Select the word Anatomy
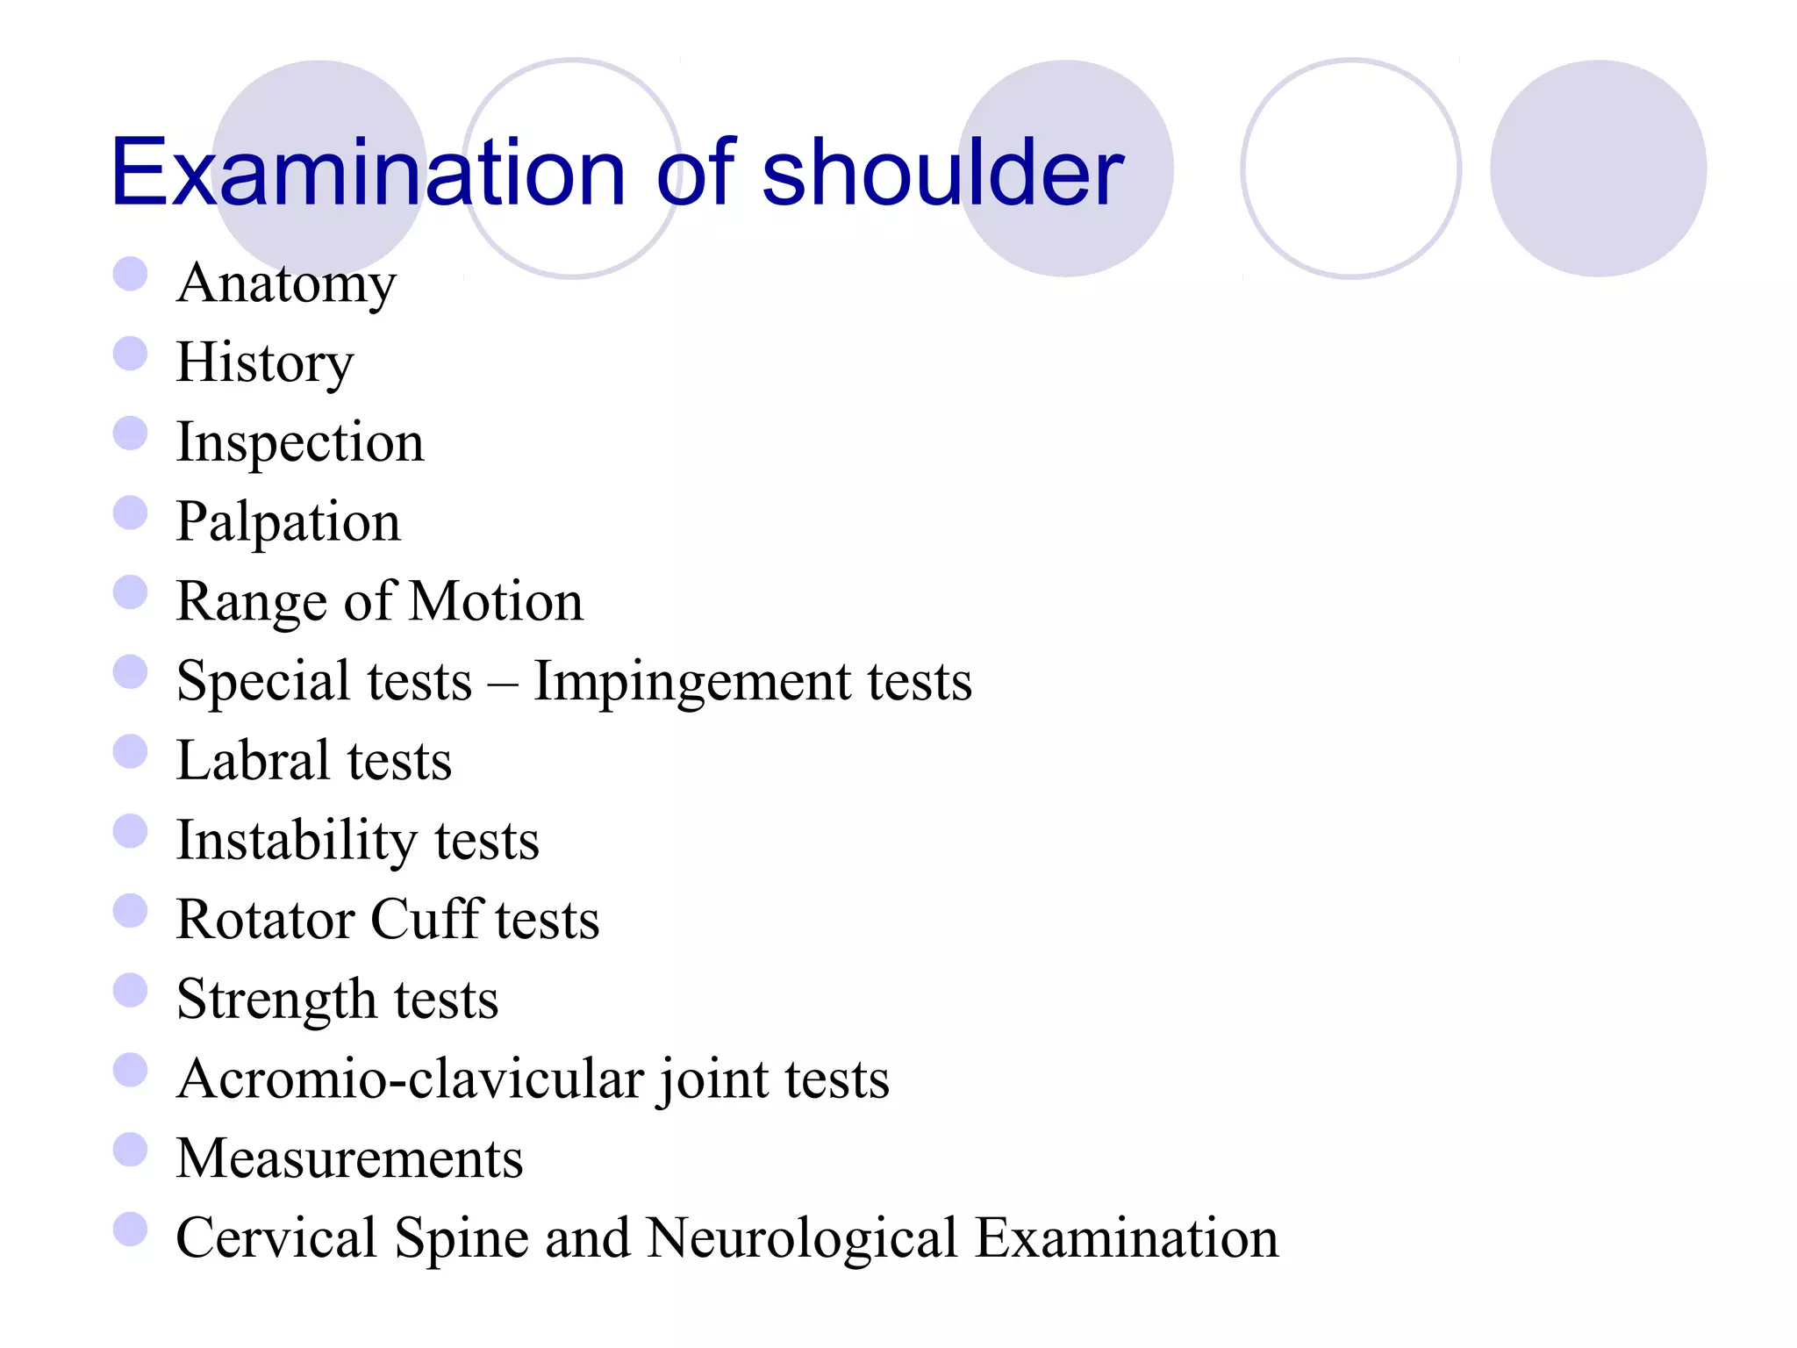tap(286, 284)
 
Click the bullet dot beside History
tap(130, 354)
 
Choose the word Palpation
tap(288, 522)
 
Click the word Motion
tap(496, 601)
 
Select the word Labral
tap(249, 760)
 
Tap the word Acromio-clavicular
tap(410, 1079)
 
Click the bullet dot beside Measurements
tap(130, 1150)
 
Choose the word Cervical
tap(276, 1238)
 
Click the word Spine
tap(462, 1239)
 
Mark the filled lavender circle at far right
tap(1598, 168)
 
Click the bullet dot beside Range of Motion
tap(130, 592)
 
